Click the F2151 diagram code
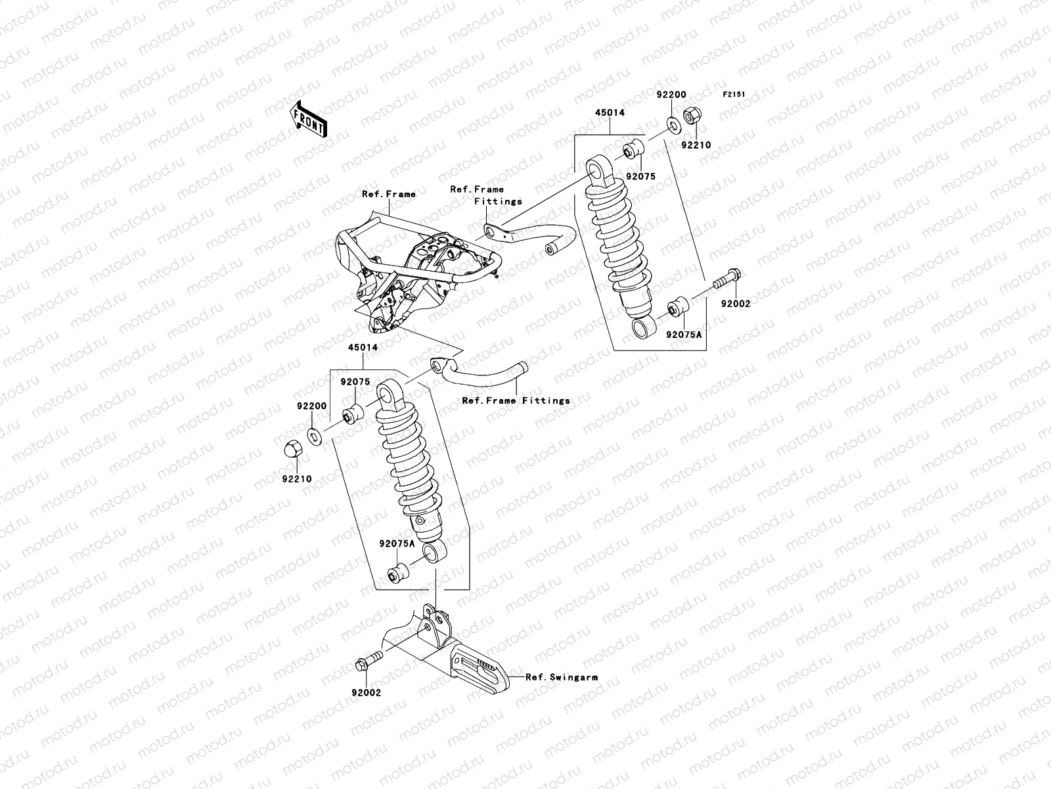click(x=734, y=95)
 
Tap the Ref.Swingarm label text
click(x=562, y=677)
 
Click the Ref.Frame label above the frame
click(x=389, y=194)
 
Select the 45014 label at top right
click(x=610, y=112)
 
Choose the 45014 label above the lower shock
click(x=363, y=347)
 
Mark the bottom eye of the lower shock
click(x=434, y=552)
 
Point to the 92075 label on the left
click(x=355, y=382)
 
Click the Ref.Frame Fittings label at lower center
click(x=516, y=400)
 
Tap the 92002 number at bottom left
click(x=366, y=692)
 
